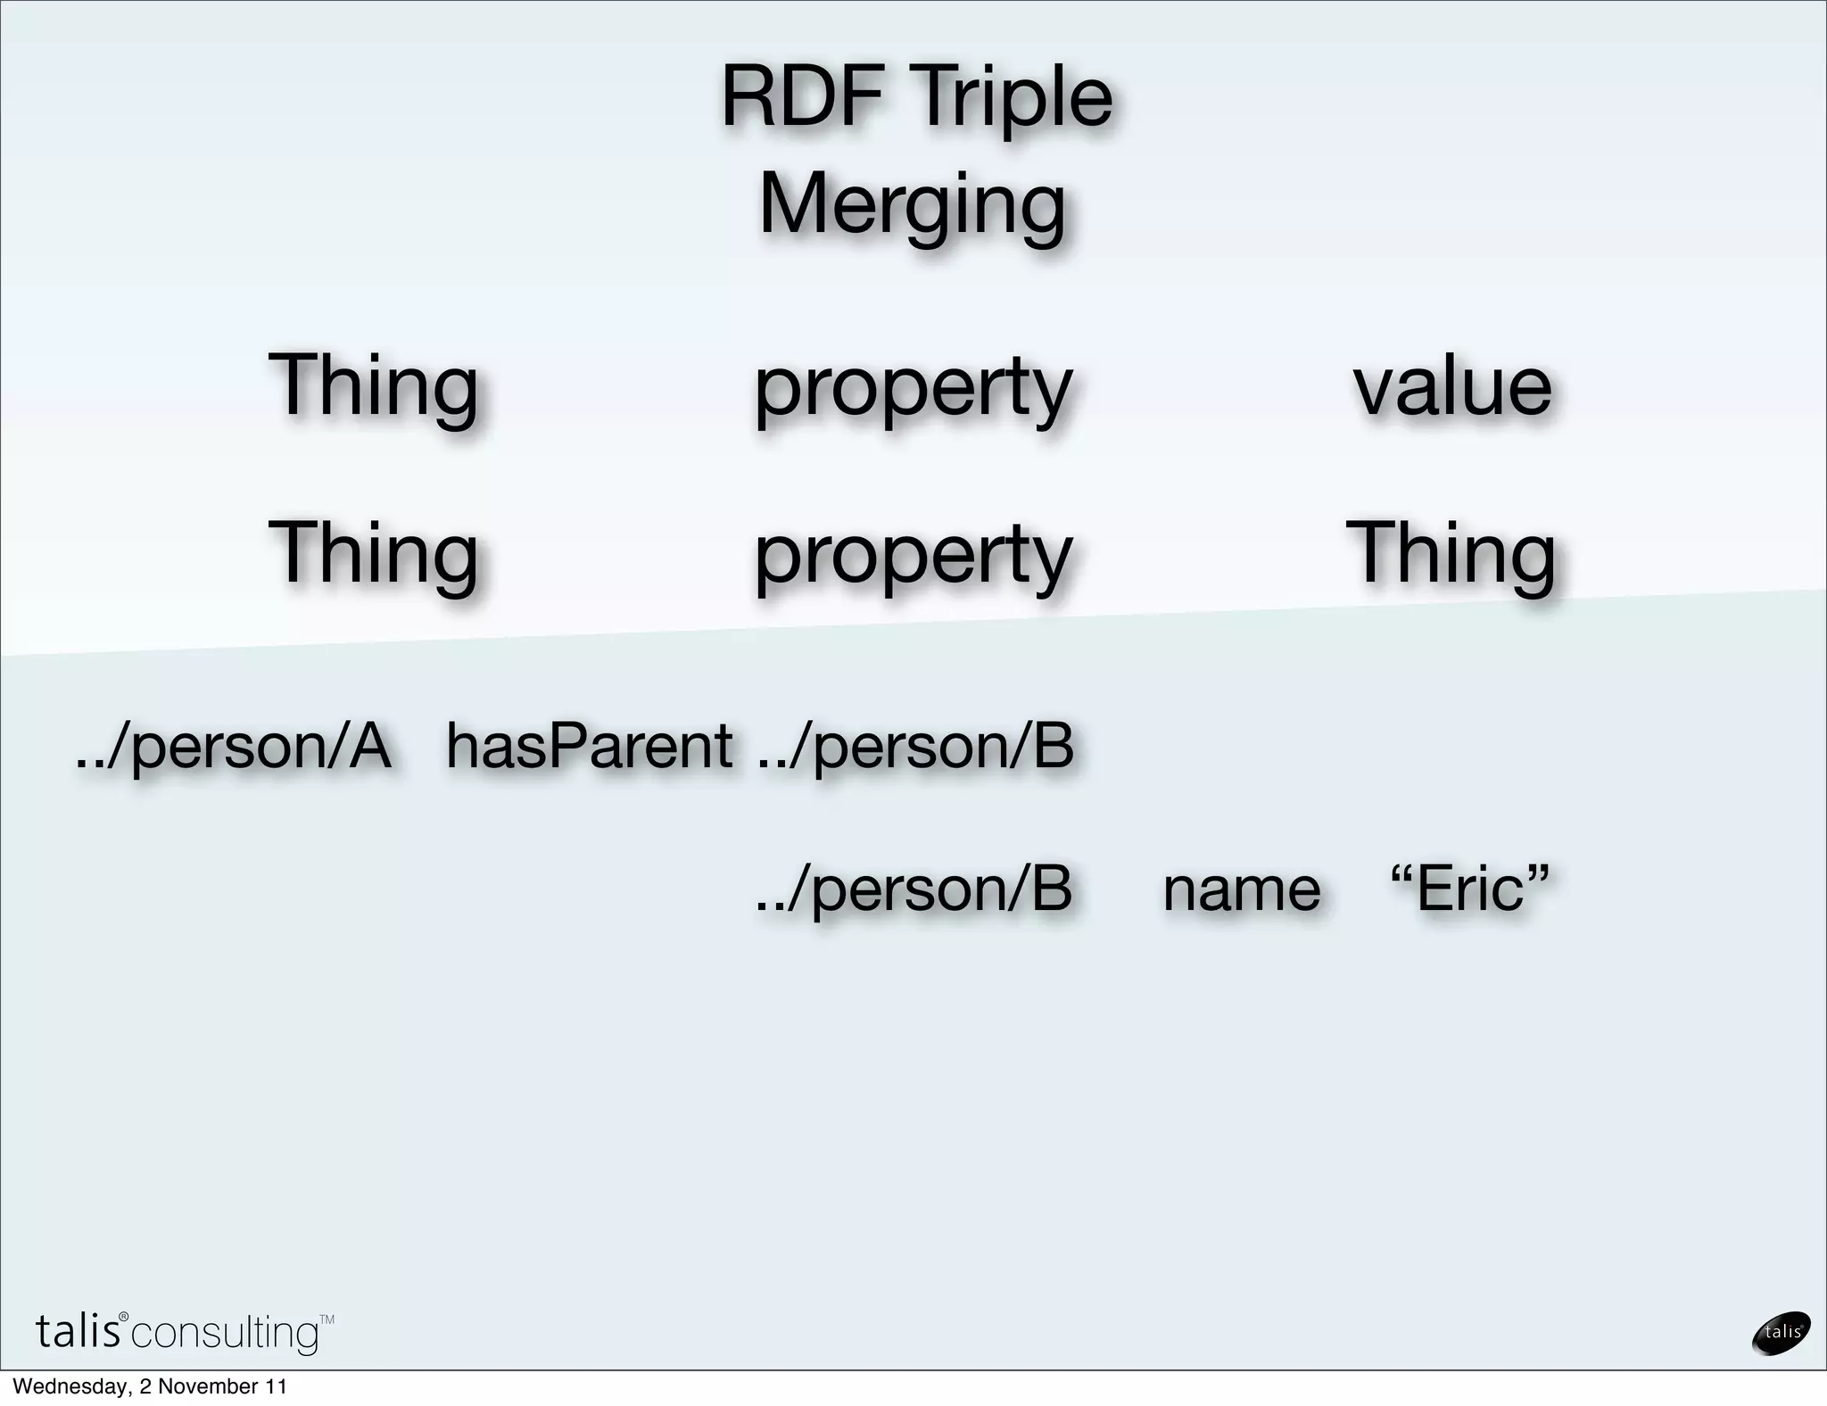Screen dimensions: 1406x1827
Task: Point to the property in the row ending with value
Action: point(913,390)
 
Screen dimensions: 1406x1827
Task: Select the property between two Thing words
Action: point(913,557)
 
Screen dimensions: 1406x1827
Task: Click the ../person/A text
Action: point(233,747)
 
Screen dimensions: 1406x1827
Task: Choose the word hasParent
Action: point(589,746)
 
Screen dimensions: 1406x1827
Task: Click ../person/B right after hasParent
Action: point(914,747)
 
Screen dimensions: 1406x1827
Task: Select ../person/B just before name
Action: point(913,889)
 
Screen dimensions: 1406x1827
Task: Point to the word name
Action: point(1241,889)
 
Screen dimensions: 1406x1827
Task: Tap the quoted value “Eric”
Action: point(1469,889)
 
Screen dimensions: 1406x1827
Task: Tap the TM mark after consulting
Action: point(327,1319)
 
